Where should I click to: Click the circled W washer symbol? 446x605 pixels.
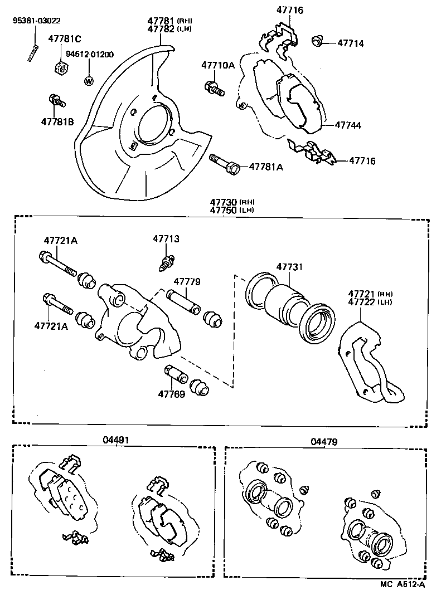(88, 80)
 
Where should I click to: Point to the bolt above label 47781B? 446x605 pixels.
(57, 101)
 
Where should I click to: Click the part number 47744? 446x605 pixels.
(348, 126)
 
